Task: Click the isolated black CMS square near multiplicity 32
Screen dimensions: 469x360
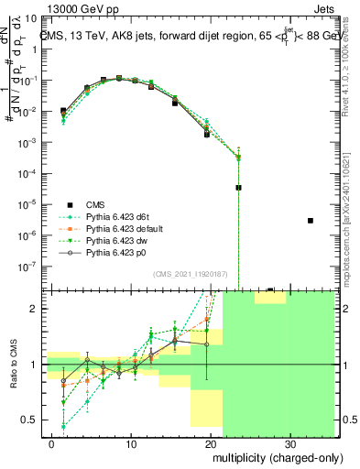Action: click(311, 221)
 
